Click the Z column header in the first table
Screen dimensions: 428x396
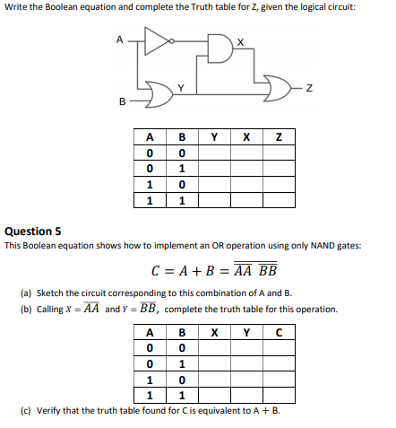pos(279,136)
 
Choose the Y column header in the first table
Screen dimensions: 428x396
pos(213,136)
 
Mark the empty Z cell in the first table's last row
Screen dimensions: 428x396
pos(279,201)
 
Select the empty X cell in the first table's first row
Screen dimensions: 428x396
pos(245,153)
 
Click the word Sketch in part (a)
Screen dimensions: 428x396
pos(50,293)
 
